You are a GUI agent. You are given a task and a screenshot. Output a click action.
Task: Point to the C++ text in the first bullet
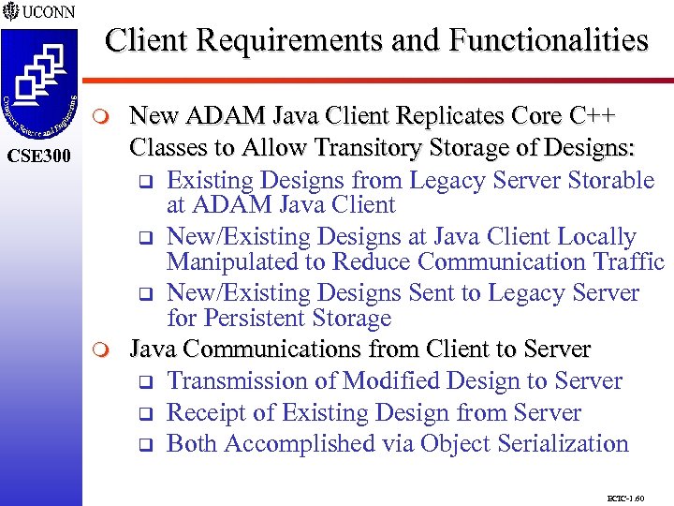(592, 118)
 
